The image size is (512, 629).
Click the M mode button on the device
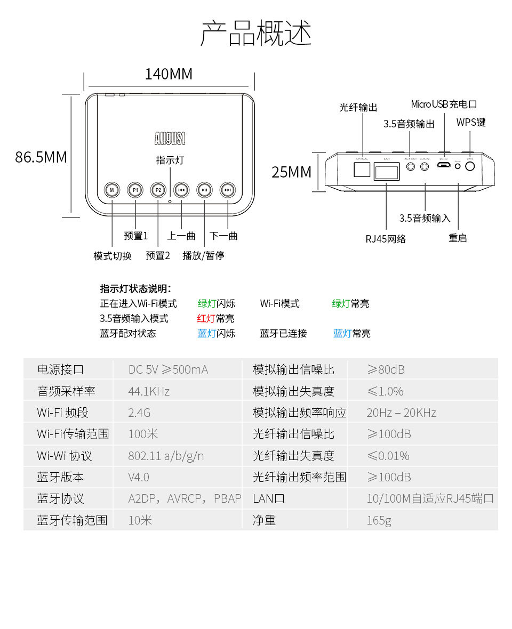112,190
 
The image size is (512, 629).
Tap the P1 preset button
135,190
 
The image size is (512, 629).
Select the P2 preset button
158,190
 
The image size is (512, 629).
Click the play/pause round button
204,190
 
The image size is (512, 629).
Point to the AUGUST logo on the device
170,139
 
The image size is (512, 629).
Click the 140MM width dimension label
169,74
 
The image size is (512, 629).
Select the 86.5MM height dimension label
41,157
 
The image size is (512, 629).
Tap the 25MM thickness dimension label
291,172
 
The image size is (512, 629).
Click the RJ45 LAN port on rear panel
387,172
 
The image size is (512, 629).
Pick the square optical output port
363,168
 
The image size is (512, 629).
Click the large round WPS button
470,166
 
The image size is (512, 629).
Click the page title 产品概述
256,33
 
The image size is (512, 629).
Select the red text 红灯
206,319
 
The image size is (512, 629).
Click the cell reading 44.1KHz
149,392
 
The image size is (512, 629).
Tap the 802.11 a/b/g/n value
166,456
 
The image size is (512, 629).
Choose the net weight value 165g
379,520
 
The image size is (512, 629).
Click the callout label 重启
458,238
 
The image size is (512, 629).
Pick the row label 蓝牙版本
60,477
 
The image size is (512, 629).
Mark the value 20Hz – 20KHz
401,413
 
